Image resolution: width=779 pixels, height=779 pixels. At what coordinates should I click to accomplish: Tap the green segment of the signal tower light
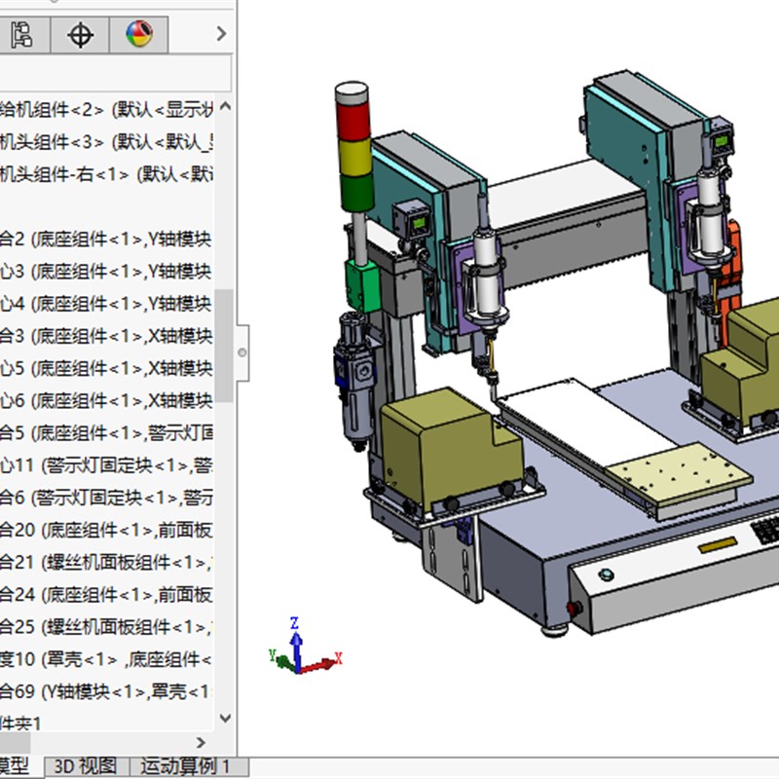click(353, 191)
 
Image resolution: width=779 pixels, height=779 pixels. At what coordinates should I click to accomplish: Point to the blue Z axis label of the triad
click(294, 622)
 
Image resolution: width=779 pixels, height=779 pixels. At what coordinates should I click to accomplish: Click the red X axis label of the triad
click(338, 659)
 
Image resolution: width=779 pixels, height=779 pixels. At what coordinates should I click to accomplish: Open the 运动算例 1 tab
click(186, 766)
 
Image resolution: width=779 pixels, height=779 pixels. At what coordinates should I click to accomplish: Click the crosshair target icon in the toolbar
click(80, 36)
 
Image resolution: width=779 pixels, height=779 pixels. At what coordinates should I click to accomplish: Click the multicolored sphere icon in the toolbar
click(139, 36)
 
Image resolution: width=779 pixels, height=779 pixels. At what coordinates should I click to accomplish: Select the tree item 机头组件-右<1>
click(107, 174)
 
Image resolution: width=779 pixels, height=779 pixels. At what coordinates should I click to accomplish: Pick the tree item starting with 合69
click(107, 692)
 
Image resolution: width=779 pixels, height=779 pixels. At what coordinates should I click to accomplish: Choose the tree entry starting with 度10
click(107, 660)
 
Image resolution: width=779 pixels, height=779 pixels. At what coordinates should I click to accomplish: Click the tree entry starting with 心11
click(107, 465)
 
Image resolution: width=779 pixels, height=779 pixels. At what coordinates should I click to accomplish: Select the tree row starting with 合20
click(107, 531)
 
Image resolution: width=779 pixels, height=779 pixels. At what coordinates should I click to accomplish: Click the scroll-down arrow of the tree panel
click(225, 719)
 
